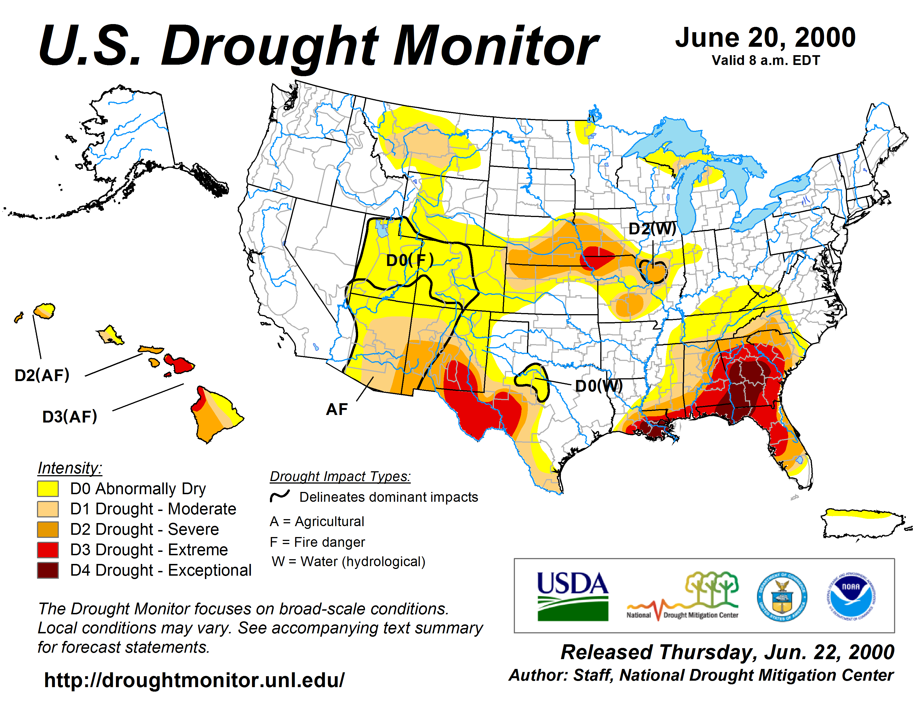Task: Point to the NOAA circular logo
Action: [x=851, y=596]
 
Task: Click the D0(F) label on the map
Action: [x=410, y=260]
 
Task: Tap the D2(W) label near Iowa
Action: [x=652, y=229]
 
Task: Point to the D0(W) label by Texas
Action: [x=599, y=386]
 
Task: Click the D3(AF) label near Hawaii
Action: [x=70, y=417]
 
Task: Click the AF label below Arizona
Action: [x=337, y=409]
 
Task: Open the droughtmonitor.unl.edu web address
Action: [x=194, y=680]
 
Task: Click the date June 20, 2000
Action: [x=765, y=38]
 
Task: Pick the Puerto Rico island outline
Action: [x=863, y=524]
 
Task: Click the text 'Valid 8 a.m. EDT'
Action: [x=766, y=60]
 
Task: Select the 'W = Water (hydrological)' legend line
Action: [x=348, y=562]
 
